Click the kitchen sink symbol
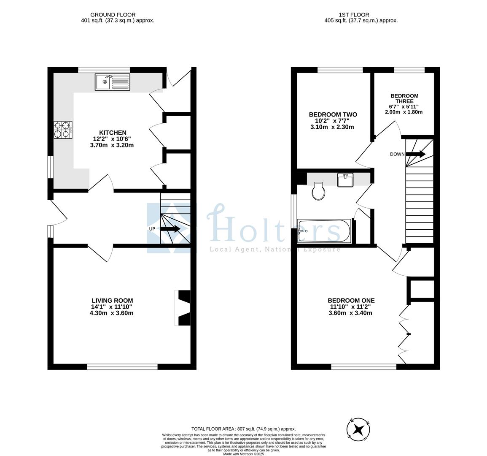(113, 82)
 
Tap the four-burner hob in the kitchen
(63, 130)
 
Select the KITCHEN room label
(113, 133)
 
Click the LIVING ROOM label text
(113, 301)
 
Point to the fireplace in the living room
(183, 308)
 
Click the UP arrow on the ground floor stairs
(170, 229)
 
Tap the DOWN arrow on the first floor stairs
(416, 154)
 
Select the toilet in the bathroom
(318, 191)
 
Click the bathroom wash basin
(345, 180)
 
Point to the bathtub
(324, 231)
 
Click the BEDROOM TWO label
(333, 114)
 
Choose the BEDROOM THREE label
(404, 98)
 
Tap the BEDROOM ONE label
(351, 301)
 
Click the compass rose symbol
(358, 429)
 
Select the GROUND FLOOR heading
(113, 15)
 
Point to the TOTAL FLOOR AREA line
(244, 429)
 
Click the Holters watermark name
(273, 225)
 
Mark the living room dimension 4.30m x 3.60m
(111, 313)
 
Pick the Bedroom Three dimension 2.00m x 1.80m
(404, 112)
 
